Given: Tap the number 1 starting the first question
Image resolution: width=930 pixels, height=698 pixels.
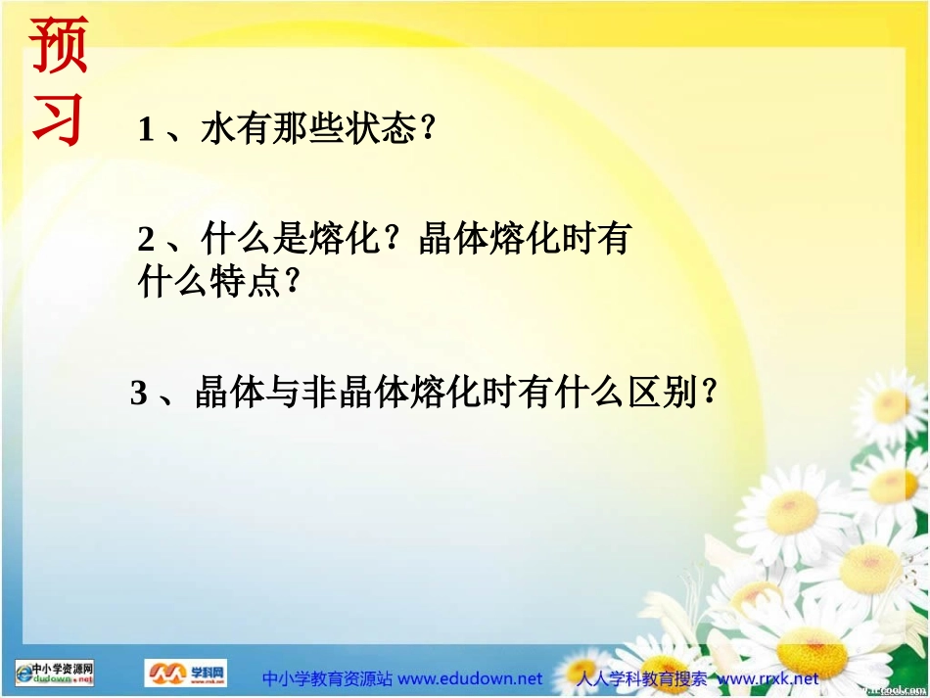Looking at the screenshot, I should (146, 129).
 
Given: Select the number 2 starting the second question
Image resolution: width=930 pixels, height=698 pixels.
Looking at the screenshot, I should (146, 240).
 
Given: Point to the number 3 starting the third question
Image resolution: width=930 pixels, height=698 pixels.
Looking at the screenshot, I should (139, 394).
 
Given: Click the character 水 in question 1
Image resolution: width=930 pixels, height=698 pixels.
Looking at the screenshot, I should (218, 129).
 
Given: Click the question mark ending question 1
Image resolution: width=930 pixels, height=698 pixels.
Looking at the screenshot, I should (426, 129).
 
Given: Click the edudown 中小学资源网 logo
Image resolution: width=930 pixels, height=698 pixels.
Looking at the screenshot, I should (55, 673).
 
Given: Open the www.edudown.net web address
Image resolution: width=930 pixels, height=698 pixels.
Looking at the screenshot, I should (470, 678).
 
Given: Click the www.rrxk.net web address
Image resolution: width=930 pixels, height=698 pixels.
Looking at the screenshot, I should (768, 678).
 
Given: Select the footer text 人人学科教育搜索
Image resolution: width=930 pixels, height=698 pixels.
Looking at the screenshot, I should (642, 678).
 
